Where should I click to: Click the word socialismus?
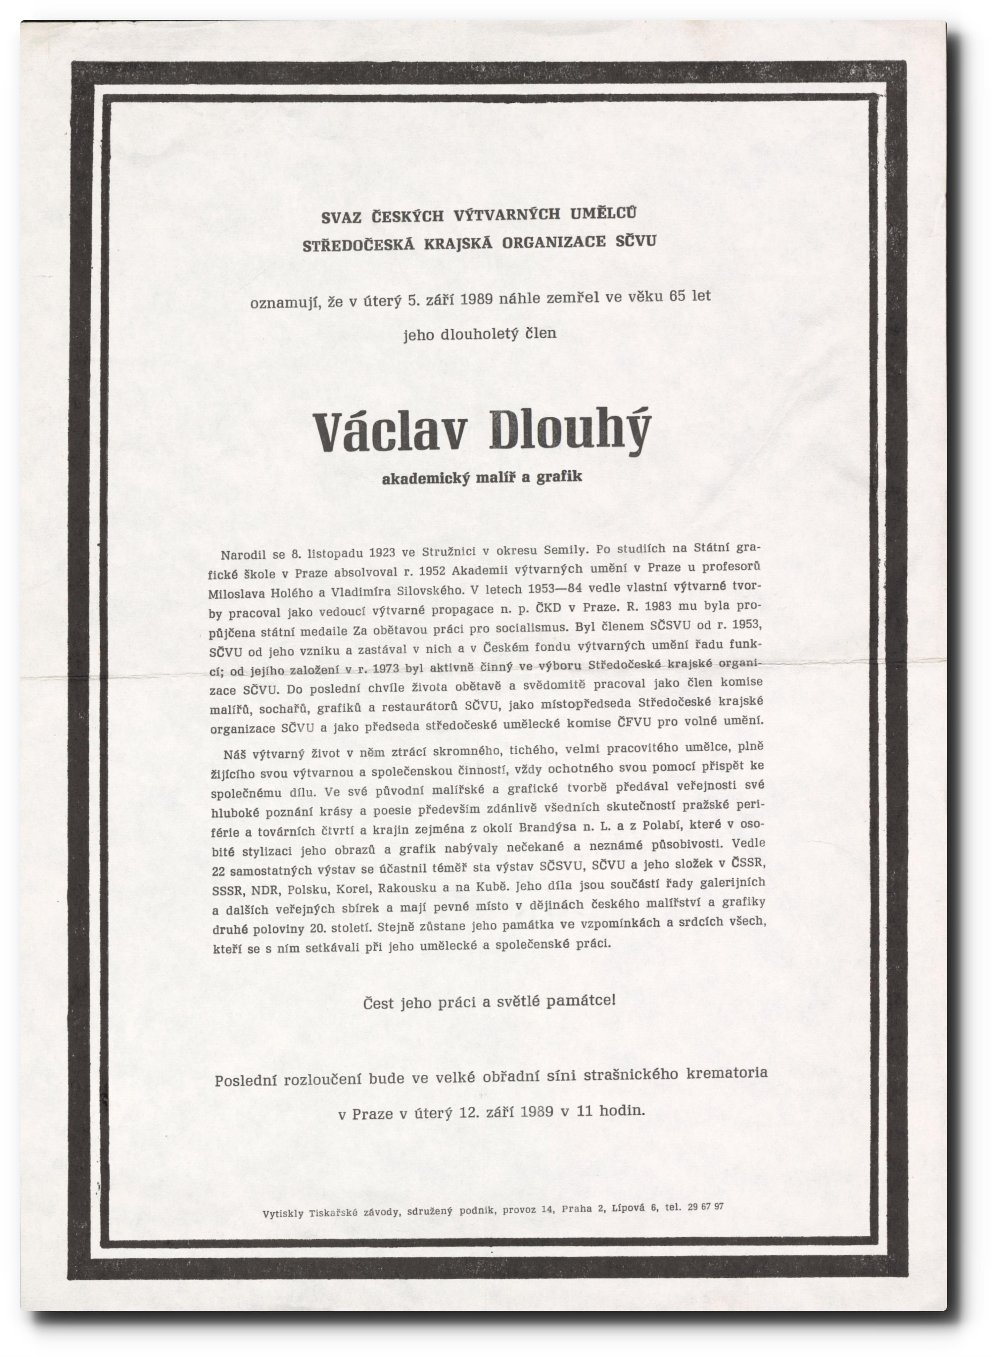click(x=531, y=628)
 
